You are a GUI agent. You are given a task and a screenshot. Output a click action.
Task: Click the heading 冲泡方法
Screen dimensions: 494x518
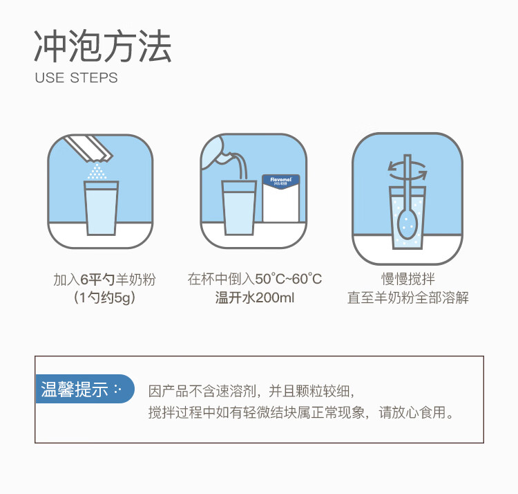(103, 46)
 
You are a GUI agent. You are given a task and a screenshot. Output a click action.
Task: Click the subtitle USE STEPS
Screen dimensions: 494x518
(76, 77)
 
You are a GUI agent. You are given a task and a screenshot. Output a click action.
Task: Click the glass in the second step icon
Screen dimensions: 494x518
(239, 207)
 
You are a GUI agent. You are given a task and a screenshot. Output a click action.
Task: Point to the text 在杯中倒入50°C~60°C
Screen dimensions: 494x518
(255, 280)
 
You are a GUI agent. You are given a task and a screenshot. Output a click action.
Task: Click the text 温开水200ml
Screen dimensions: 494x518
(254, 299)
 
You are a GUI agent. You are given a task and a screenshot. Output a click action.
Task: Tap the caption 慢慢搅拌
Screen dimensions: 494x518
(407, 280)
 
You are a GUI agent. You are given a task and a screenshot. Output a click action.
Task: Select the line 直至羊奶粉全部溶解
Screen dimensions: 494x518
(407, 299)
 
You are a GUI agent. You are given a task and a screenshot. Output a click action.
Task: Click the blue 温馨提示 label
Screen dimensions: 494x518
(81, 389)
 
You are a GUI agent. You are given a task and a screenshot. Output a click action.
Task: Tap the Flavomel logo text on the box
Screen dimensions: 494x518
(280, 179)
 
